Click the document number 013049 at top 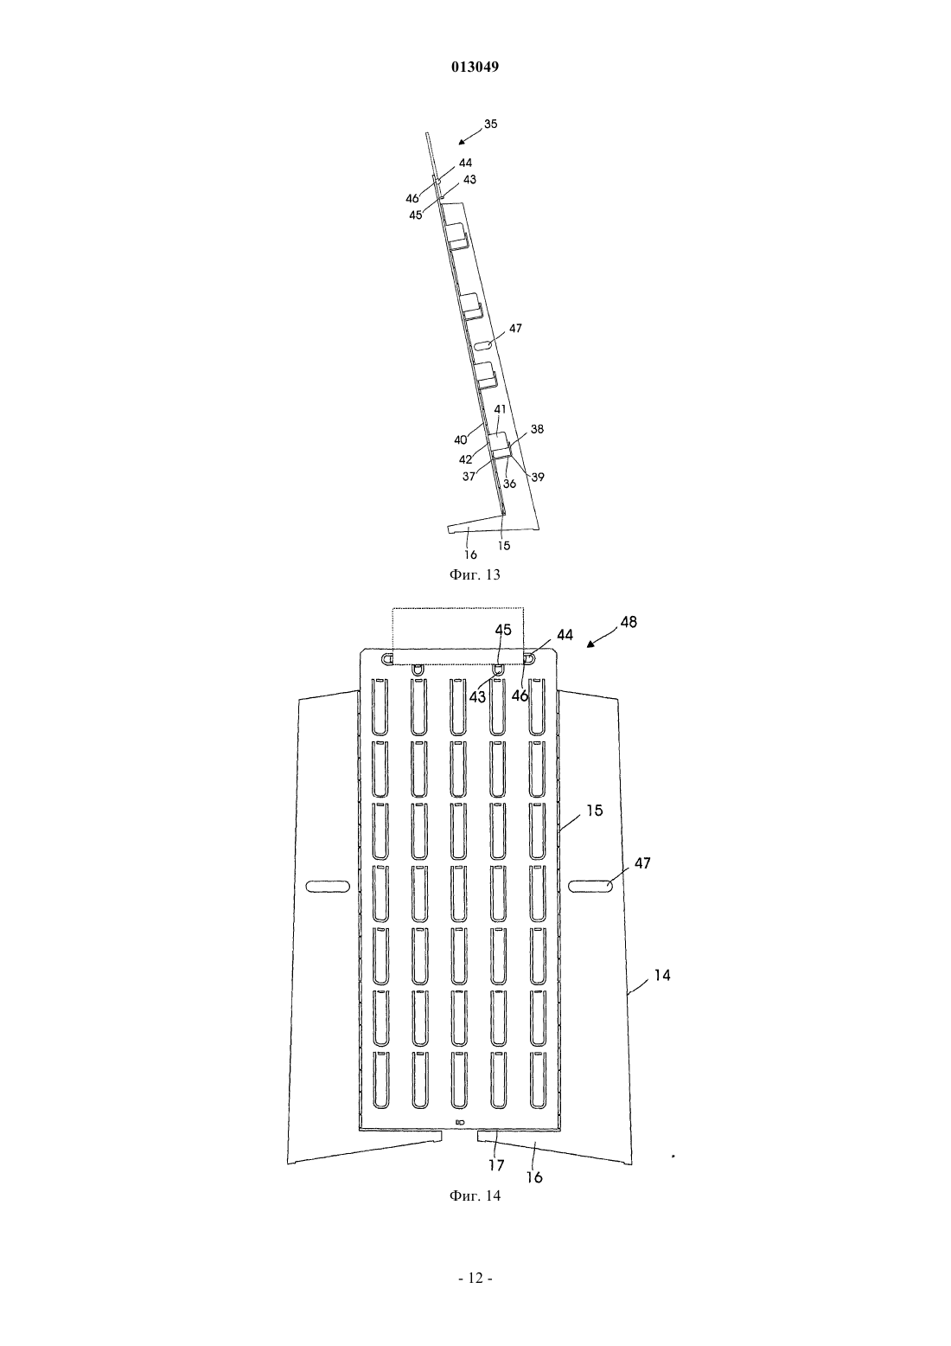[475, 67]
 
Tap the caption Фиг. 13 [475, 574]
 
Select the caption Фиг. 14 [475, 1343]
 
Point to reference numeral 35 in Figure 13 [490, 124]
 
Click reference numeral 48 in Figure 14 [629, 622]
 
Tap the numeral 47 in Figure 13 [515, 328]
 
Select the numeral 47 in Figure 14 [642, 863]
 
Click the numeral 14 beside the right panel [661, 975]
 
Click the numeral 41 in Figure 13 [500, 409]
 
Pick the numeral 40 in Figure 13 [461, 439]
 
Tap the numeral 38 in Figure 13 [537, 429]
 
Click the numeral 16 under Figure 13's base [470, 554]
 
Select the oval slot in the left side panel [328, 887]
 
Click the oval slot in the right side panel [590, 887]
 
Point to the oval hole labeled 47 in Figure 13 [484, 345]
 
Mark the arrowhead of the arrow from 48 [590, 644]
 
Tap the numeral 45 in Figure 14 [503, 630]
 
